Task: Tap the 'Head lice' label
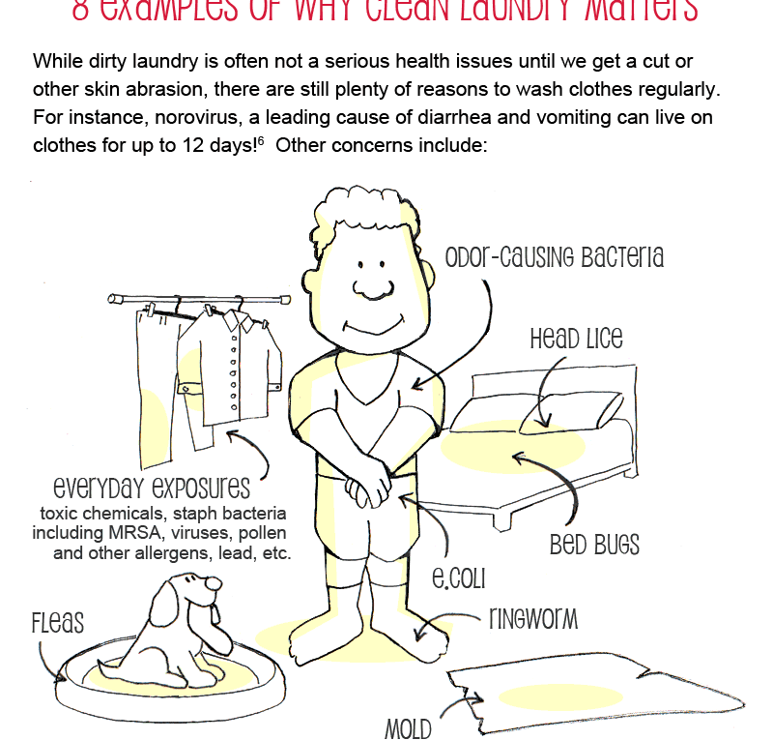[576, 340]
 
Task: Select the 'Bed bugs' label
[594, 545]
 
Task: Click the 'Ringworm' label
[533, 618]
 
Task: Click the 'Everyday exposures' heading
[153, 486]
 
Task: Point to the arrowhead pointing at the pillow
[546, 422]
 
